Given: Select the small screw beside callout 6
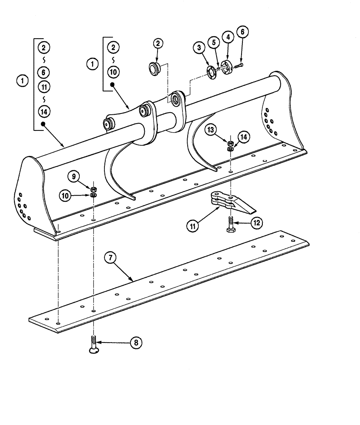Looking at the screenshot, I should tap(237, 65).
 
